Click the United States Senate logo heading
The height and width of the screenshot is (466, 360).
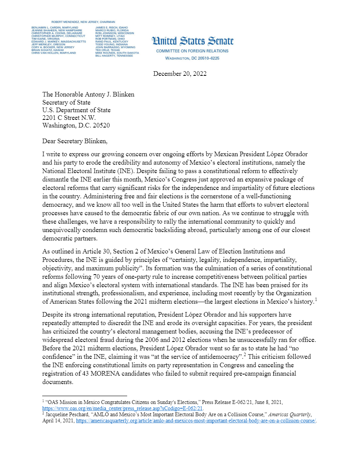192,41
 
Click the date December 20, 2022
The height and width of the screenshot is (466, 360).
180,74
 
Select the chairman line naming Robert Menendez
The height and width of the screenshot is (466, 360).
83,22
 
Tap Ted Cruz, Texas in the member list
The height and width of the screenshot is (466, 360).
108,50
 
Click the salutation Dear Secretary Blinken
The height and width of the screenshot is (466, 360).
75,141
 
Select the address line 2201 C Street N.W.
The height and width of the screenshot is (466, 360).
69,118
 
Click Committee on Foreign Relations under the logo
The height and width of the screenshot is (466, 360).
192,51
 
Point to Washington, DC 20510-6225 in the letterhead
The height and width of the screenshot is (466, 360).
192,58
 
